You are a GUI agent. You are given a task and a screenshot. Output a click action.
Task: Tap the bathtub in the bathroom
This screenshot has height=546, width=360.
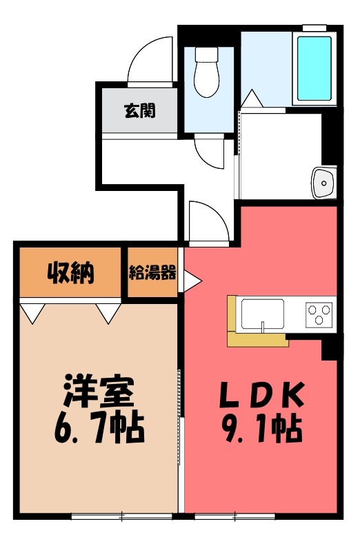click(313, 67)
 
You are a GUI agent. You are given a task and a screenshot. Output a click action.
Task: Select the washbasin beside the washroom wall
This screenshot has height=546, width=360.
click(323, 182)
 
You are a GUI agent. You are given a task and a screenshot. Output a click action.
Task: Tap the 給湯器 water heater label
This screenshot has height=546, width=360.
click(152, 272)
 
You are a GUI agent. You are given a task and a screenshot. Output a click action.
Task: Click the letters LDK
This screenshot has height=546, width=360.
click(261, 395)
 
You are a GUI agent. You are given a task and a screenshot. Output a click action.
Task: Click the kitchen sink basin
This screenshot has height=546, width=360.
click(261, 314)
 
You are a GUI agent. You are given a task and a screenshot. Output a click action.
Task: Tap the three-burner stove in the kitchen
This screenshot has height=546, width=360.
click(319, 314)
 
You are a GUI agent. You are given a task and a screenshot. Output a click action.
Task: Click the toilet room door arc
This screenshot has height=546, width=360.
click(211, 152)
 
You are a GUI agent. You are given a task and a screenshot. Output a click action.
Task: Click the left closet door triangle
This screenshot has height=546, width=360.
click(31, 312)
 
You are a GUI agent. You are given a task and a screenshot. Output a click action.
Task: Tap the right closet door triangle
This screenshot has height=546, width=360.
click(108, 312)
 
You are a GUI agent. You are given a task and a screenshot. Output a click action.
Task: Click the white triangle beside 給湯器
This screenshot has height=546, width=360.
click(191, 279)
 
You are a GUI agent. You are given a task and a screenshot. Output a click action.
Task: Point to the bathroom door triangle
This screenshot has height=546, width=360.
click(252, 99)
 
